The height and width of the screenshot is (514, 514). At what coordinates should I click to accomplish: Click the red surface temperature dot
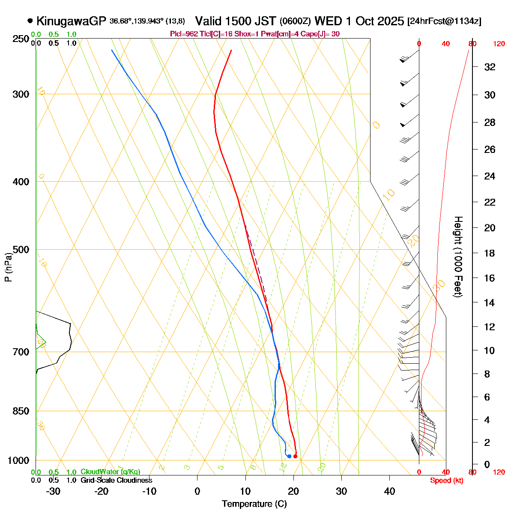[295, 456]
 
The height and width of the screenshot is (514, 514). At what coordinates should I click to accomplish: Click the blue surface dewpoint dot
[290, 456]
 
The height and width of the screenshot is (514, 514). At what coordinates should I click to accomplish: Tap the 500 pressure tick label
[21, 250]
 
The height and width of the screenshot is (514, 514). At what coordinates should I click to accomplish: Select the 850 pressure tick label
[21, 411]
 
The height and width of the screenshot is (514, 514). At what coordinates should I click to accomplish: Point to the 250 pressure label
[21, 39]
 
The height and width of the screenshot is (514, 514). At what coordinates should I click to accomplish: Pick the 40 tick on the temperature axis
[389, 491]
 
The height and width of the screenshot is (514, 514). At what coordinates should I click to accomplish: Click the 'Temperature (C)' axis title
[254, 504]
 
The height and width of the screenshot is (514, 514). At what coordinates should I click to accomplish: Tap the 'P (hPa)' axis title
[8, 267]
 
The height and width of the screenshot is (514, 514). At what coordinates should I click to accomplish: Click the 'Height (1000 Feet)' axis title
[458, 257]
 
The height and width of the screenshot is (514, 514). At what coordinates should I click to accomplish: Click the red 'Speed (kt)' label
[446, 481]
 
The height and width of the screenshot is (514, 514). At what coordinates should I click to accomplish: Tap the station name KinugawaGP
[71, 21]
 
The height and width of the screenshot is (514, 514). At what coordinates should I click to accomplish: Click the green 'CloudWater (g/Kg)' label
[110, 472]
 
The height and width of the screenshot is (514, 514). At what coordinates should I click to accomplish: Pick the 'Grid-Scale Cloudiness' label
[116, 481]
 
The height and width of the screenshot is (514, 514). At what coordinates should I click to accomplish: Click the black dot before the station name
[30, 21]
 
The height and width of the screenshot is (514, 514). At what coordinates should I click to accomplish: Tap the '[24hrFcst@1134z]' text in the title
[444, 21]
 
